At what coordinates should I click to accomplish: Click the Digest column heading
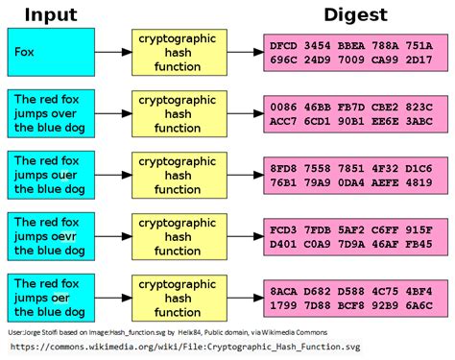[x=354, y=13]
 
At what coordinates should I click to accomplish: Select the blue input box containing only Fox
[x=51, y=53]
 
